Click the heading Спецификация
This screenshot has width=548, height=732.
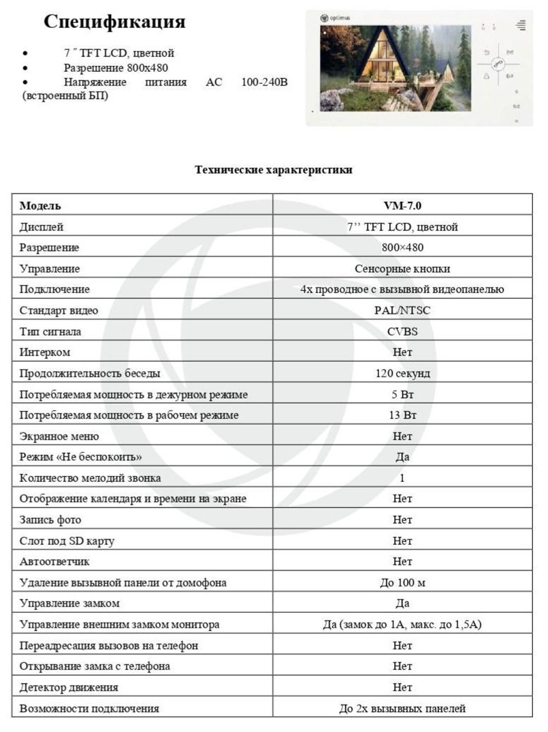[x=114, y=21]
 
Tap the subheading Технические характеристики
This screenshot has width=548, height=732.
[x=273, y=170]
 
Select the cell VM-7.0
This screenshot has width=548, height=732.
[x=402, y=206]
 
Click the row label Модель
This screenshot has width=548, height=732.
[x=40, y=206]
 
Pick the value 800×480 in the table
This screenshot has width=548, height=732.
[x=402, y=247]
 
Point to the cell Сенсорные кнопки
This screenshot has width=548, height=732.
[x=402, y=269]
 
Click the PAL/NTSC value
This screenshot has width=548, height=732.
[x=402, y=311]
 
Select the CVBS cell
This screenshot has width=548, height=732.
[x=402, y=331]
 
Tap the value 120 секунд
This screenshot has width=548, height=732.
[x=402, y=374]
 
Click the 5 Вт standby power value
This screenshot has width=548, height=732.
[x=402, y=395]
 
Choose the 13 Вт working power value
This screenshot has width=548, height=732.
[x=402, y=415]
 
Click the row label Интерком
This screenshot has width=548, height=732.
[x=45, y=352]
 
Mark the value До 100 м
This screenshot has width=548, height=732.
[x=402, y=583]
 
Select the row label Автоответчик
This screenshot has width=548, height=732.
[x=54, y=562]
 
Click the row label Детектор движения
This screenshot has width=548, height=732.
[x=68, y=688]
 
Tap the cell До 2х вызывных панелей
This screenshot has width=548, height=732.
[x=402, y=708]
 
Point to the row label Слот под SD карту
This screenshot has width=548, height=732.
[x=67, y=541]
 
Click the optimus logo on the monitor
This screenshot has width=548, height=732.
[x=335, y=18]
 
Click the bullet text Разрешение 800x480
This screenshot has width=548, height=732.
[x=116, y=68]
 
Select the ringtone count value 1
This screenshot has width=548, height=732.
[x=402, y=478]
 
